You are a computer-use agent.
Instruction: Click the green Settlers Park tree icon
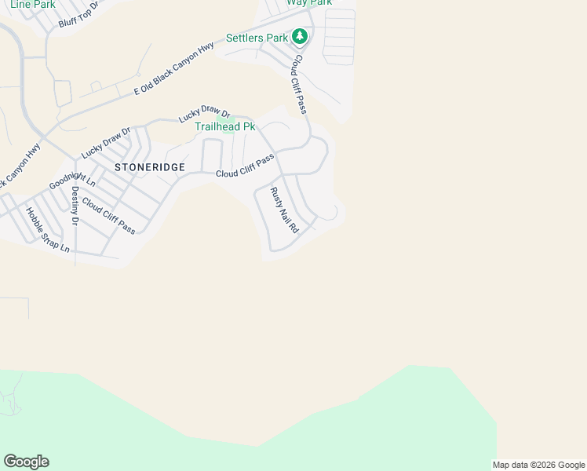point(299,36)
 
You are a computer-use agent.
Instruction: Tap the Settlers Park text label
point(257,38)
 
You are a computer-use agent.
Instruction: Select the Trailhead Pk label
point(225,126)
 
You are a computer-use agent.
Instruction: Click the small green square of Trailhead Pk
point(228,129)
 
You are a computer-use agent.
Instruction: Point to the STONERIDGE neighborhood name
point(150,167)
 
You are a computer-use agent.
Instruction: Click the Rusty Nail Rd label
point(285,210)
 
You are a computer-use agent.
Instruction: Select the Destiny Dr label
point(75,206)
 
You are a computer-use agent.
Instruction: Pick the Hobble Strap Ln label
point(47,229)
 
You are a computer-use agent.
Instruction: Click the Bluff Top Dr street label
point(78,15)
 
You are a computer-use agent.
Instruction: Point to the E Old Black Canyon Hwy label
point(173,69)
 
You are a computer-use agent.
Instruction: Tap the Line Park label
point(32,4)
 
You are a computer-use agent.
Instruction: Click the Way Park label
point(309,3)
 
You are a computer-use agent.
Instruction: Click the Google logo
point(26,462)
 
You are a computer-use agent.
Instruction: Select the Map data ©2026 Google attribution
point(538,465)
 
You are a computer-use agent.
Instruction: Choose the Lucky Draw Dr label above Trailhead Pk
point(203,115)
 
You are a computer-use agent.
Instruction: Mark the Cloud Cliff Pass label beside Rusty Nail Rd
point(245,166)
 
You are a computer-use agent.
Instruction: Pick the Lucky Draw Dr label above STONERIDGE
point(104,140)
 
